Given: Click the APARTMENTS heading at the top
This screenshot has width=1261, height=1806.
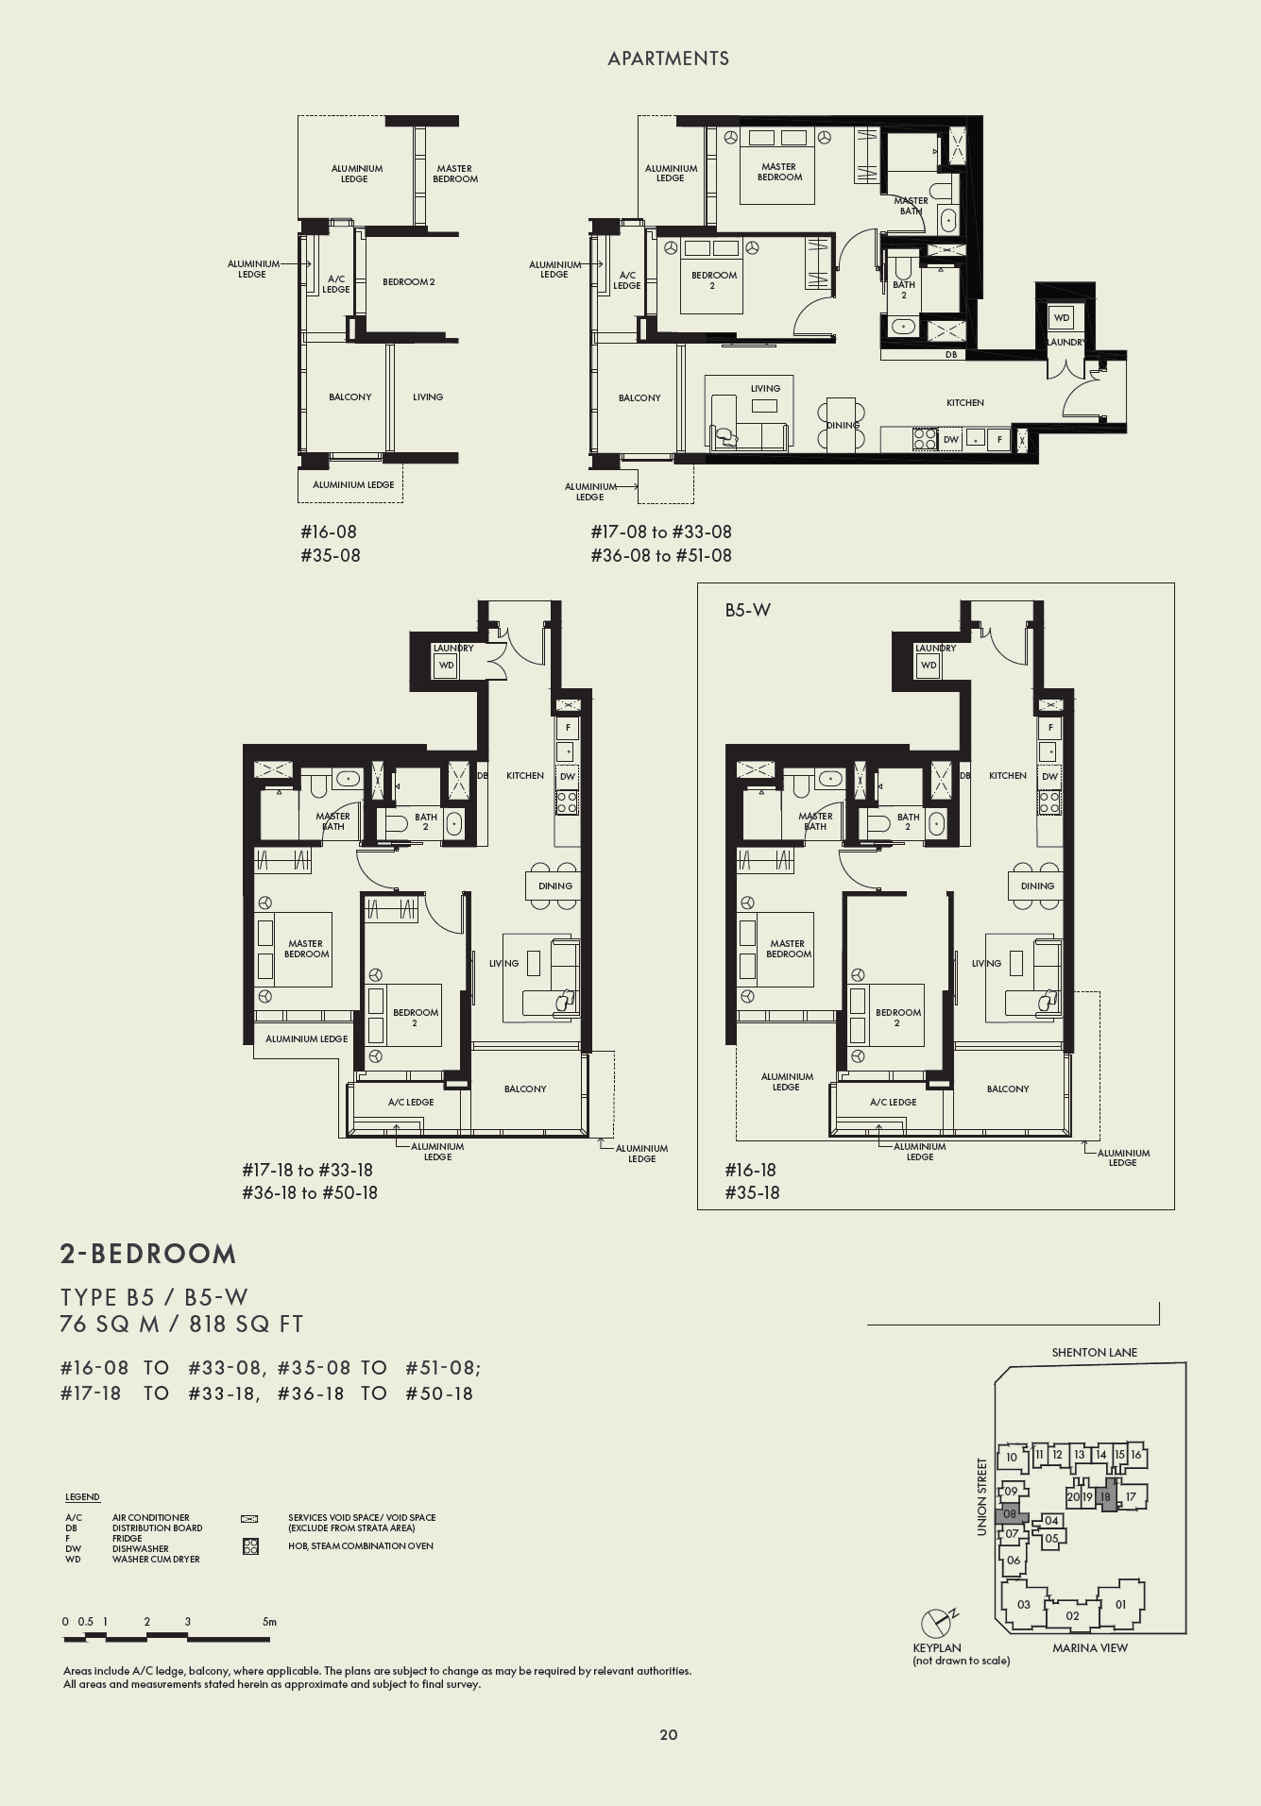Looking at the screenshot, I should pyautogui.click(x=668, y=59).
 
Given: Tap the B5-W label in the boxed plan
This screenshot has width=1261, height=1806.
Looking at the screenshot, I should pyautogui.click(x=747, y=611).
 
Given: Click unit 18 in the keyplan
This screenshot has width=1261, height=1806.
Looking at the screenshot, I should pyautogui.click(x=1105, y=1496).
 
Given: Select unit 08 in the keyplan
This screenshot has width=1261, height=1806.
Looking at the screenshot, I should pyautogui.click(x=1010, y=1513).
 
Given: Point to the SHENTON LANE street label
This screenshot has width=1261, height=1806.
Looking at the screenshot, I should pyautogui.click(x=1094, y=1352).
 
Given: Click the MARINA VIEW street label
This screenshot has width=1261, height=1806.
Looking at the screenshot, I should pyautogui.click(x=1089, y=1647).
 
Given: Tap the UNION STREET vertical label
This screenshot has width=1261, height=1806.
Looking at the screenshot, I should pyautogui.click(x=982, y=1496).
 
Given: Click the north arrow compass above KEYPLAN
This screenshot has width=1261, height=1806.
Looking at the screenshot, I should pyautogui.click(x=936, y=1623).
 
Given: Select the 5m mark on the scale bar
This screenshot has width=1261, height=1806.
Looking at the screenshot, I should pyautogui.click(x=269, y=1622).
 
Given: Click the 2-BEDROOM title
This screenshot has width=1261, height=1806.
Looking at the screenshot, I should pyautogui.click(x=148, y=1254).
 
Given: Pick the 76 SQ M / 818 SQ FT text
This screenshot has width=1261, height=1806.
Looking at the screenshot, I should pyautogui.click(x=181, y=1324).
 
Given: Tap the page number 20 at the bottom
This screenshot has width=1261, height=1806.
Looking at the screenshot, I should pyautogui.click(x=668, y=1734).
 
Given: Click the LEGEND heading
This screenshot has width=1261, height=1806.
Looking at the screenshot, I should pyautogui.click(x=82, y=1497).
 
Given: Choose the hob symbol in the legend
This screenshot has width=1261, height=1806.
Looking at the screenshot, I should pyautogui.click(x=250, y=1546).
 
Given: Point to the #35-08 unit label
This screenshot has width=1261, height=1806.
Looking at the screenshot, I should pyautogui.click(x=330, y=555).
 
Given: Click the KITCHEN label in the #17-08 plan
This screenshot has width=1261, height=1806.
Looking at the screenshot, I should pyautogui.click(x=964, y=402).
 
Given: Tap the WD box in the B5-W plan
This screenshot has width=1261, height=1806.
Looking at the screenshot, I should pyautogui.click(x=929, y=665).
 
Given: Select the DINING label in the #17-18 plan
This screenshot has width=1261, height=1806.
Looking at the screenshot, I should pyautogui.click(x=555, y=886).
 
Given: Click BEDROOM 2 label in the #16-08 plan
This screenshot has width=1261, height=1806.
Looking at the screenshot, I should pyautogui.click(x=408, y=281).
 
